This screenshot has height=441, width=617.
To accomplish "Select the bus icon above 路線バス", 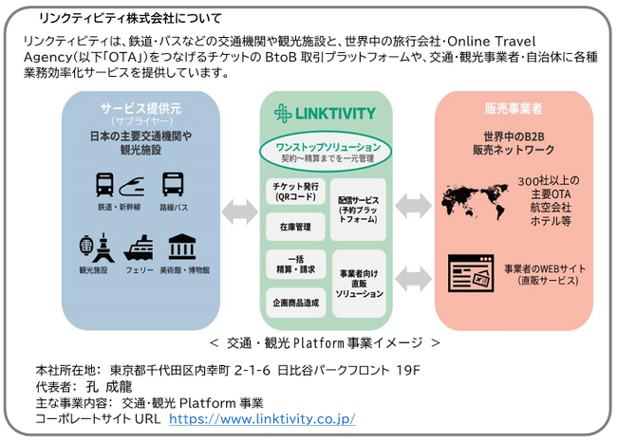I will tap(172, 184).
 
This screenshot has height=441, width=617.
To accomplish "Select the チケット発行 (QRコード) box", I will tap(294, 193).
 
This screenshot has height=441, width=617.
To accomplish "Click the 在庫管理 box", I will tap(294, 228).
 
